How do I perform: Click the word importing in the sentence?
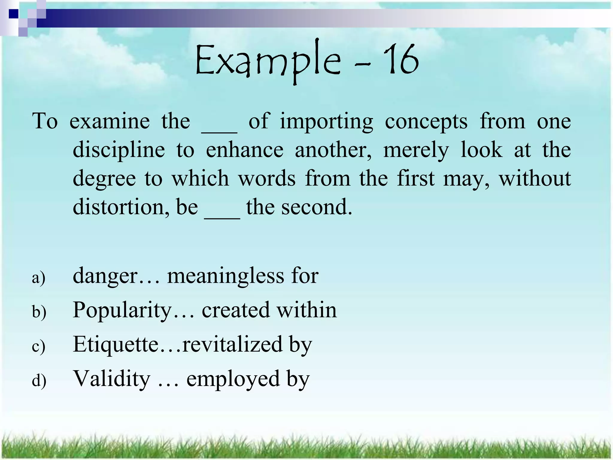[327, 122]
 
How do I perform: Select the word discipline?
[119, 150]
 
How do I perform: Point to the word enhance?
[245, 150]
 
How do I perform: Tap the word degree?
[104, 179]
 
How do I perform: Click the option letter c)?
[39, 346]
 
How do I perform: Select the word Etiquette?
[116, 344]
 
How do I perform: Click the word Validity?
[112, 379]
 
